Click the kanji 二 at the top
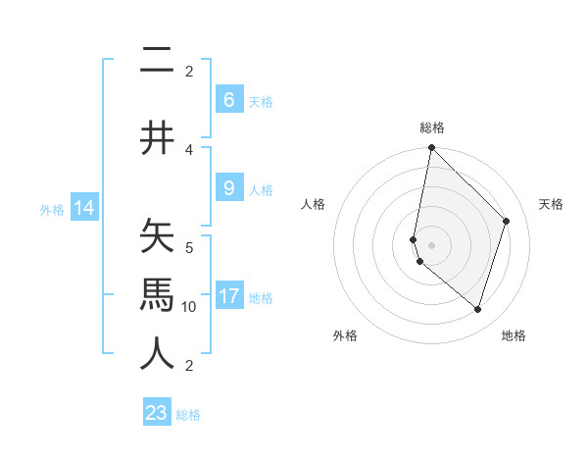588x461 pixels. pos(158,61)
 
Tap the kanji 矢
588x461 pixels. pos(158,238)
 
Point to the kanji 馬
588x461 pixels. pos(158,293)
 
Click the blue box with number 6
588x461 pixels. pos(228,100)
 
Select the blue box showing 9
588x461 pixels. pos(228,188)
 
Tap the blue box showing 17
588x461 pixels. pos(228,296)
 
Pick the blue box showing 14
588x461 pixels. pos(83,208)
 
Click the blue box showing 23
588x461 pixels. pos(157,413)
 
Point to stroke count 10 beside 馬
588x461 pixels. pos(189,307)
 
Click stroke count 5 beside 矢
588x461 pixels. pos(189,247)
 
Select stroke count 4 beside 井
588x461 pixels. pos(189,150)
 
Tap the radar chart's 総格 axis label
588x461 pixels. pos(431,128)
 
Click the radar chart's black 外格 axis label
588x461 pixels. pos(345,335)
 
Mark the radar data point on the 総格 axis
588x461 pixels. pos(431,148)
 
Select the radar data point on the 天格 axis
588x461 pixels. pos(507,221)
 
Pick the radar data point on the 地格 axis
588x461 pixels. pos(477,309)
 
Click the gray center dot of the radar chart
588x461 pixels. pos(431,245)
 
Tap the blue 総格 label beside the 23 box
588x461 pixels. pos(188,415)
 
